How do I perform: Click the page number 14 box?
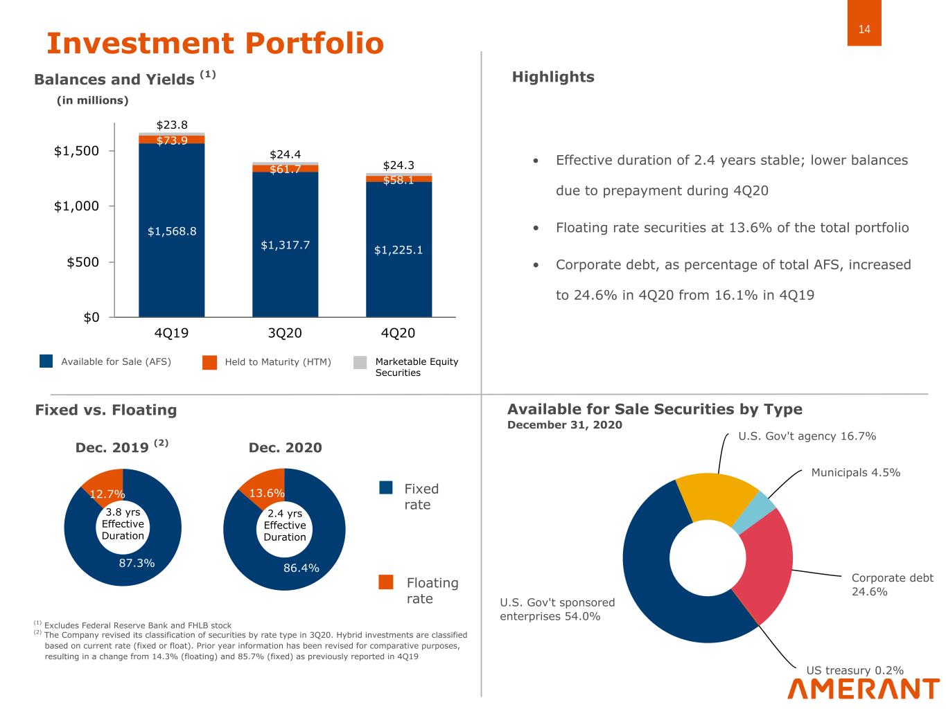tap(864, 29)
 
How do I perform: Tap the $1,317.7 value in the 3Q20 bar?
tap(285, 245)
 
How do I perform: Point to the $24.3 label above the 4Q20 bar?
tap(398, 165)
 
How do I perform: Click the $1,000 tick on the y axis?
tap(77, 206)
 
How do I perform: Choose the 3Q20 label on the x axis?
tap(285, 333)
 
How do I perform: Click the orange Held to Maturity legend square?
tap(209, 362)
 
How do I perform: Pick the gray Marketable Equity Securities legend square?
tap(360, 362)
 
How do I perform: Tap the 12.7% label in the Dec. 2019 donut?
tap(107, 494)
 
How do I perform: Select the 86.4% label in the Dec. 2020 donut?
tap(301, 568)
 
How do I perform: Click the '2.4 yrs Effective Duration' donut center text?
tap(284, 525)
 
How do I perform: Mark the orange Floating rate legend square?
tap(386, 582)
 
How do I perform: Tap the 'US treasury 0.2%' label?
tap(855, 670)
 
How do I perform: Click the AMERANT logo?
tap(864, 689)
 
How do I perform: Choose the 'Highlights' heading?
tap(553, 77)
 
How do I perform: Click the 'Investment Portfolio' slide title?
tap(215, 43)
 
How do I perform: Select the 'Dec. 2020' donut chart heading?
tap(285, 447)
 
